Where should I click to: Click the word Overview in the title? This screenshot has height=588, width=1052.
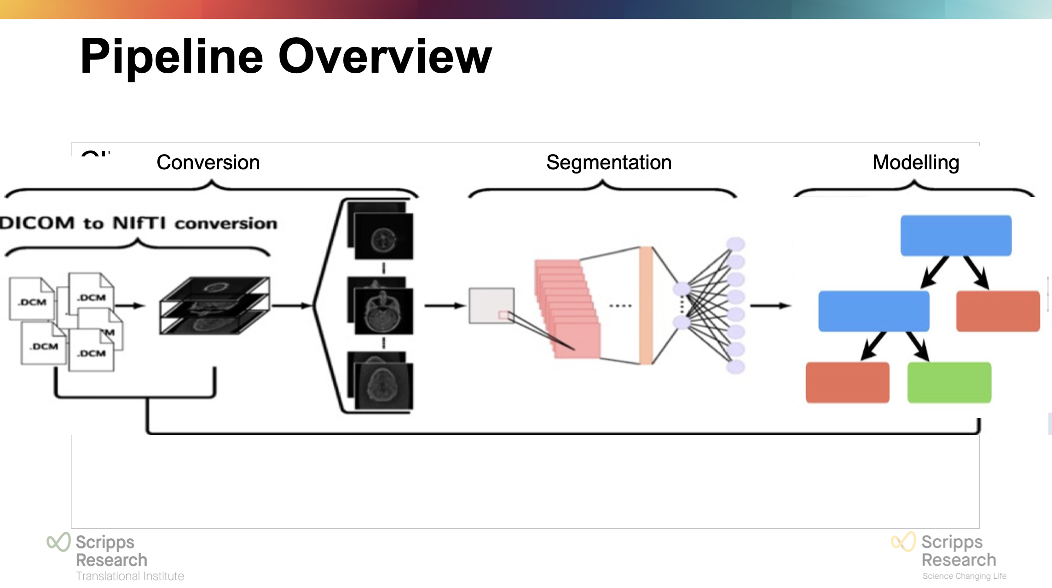[385, 57]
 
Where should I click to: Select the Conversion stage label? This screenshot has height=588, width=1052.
[208, 162]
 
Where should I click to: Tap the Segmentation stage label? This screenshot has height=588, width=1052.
[608, 162]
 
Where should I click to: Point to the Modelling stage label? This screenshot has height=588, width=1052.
[915, 162]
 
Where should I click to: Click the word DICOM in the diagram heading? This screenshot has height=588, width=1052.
[37, 223]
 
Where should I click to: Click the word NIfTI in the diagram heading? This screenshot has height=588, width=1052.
[139, 223]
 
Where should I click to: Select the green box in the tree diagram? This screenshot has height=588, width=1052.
[949, 382]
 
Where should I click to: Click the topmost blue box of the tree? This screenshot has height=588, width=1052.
[956, 235]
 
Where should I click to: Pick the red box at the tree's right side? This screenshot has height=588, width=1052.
[998, 311]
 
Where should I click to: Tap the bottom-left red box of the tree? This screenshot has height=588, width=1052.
[847, 382]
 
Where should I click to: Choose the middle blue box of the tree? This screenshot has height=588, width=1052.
[873, 311]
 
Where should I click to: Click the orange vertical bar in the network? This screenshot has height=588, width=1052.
[646, 306]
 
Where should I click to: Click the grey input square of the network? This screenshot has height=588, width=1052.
[491, 306]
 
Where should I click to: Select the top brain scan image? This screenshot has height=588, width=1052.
[383, 236]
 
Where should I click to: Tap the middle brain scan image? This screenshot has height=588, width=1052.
[383, 310]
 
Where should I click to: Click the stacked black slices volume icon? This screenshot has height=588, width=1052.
[214, 306]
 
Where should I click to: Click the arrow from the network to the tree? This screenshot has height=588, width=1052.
[770, 306]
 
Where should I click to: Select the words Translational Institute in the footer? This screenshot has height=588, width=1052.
[130, 576]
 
